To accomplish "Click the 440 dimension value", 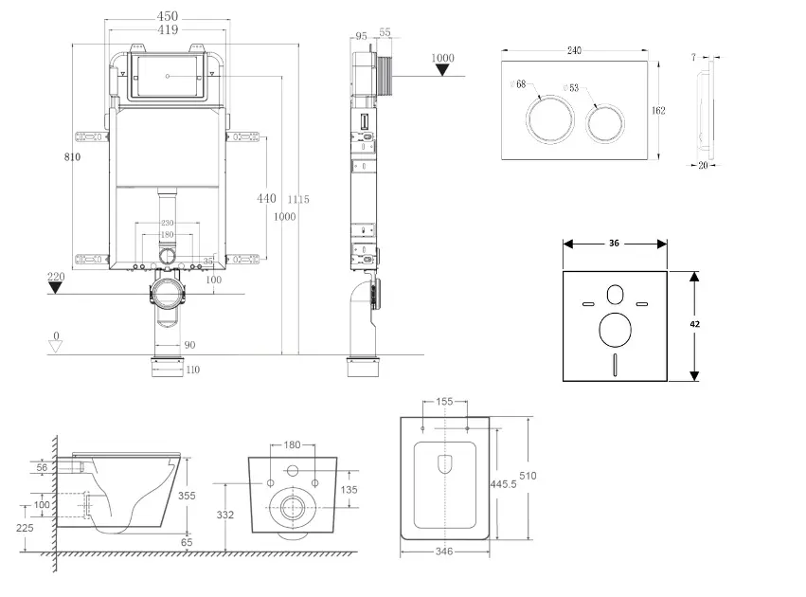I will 266,199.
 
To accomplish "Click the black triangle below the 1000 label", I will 441,74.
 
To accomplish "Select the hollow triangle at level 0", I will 56,347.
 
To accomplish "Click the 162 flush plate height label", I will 658,111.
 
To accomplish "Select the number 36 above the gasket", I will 614,244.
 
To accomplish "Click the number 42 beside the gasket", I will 695,323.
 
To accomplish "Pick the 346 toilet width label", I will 443,551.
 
